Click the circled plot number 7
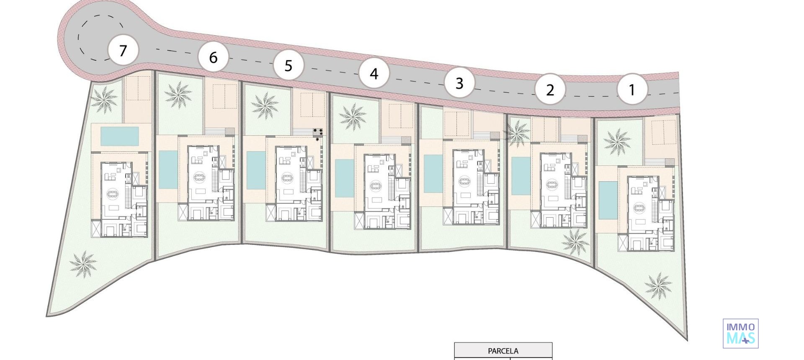(x=123, y=51)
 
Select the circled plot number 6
(x=213, y=57)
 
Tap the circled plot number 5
(x=288, y=65)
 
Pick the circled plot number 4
(x=374, y=74)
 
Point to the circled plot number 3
(x=459, y=83)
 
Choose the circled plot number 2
(x=550, y=89)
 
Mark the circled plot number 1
(x=632, y=89)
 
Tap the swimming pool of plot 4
(x=344, y=177)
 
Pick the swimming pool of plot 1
(x=608, y=200)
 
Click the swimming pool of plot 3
(x=433, y=174)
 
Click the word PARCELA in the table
(x=503, y=351)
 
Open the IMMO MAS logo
(x=740, y=333)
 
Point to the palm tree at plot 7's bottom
(x=83, y=264)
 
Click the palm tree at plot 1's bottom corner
(x=658, y=285)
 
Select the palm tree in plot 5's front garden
(x=265, y=105)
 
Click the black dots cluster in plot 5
(x=318, y=134)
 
